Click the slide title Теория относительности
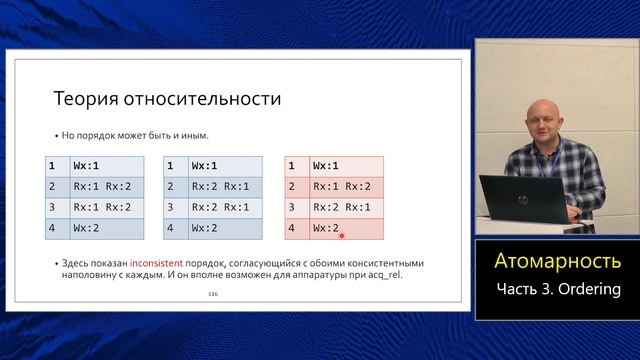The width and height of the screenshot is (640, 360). pyautogui.click(x=166, y=99)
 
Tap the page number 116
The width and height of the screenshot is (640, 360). pyautogui.click(x=213, y=294)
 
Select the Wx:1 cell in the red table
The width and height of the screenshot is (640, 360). pyautogui.click(x=326, y=165)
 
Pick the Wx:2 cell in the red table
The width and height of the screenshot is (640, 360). pyautogui.click(x=326, y=228)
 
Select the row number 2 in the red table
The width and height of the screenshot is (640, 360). pyautogui.click(x=292, y=186)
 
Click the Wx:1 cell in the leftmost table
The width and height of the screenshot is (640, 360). pyautogui.click(x=89, y=165)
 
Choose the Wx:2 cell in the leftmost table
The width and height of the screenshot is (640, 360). pyautogui.click(x=89, y=228)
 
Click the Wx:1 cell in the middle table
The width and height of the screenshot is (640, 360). pyautogui.click(x=207, y=165)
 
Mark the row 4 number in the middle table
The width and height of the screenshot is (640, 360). pyautogui.click(x=172, y=228)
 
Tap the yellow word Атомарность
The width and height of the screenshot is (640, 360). pyautogui.click(x=557, y=261)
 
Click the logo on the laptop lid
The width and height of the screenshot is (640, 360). pyautogui.click(x=522, y=200)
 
